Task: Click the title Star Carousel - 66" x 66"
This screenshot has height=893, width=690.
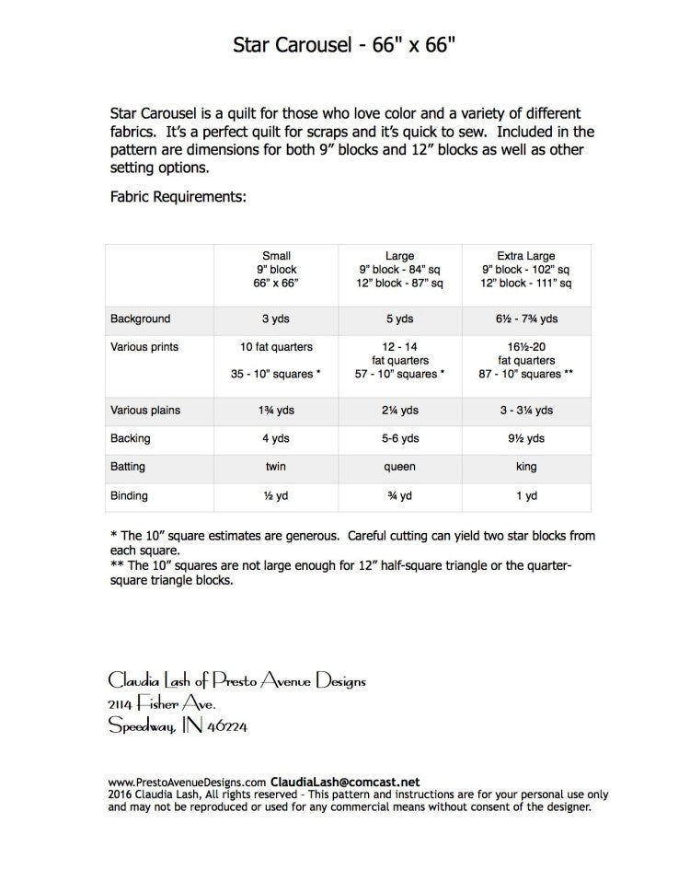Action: pyautogui.click(x=344, y=45)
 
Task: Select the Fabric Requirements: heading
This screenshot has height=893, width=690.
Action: pyautogui.click(x=178, y=197)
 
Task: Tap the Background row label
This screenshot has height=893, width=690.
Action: pyautogui.click(x=140, y=319)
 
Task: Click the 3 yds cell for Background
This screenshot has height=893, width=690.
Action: pyautogui.click(x=277, y=319)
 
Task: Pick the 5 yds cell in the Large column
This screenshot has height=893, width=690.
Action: pyautogui.click(x=399, y=319)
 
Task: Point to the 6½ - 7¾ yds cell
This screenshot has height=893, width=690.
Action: pyautogui.click(x=526, y=319)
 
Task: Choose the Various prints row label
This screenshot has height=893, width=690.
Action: pyautogui.click(x=144, y=347)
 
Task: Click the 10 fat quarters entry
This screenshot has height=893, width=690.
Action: pyautogui.click(x=277, y=347)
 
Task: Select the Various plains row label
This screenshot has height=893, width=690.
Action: pyautogui.click(x=145, y=410)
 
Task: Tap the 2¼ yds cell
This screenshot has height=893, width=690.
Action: pyautogui.click(x=399, y=410)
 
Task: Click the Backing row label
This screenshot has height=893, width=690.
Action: pyautogui.click(x=130, y=438)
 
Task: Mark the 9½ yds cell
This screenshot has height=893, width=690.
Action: pyautogui.click(x=526, y=438)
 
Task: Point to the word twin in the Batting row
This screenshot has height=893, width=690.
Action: pyautogui.click(x=277, y=467)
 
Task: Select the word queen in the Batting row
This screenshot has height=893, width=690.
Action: pyautogui.click(x=399, y=467)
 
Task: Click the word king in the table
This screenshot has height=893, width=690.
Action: pyautogui.click(x=526, y=467)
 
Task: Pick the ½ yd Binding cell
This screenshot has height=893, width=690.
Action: pyautogui.click(x=277, y=495)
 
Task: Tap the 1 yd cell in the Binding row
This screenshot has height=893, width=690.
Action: pyautogui.click(x=526, y=495)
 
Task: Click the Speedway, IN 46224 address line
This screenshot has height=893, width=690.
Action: pyautogui.click(x=178, y=726)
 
